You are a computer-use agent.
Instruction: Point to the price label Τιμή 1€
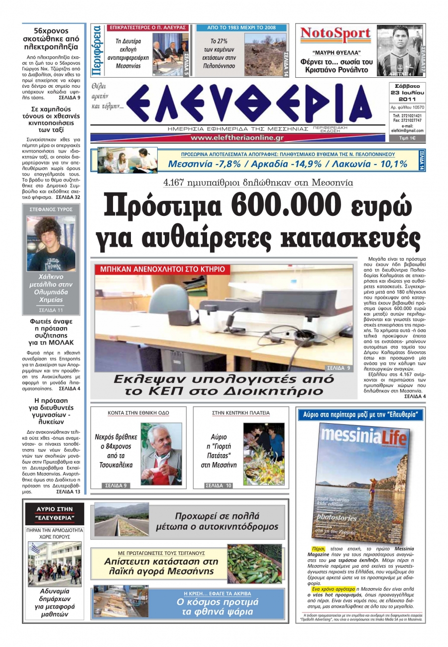pyautogui.click(x=407, y=138)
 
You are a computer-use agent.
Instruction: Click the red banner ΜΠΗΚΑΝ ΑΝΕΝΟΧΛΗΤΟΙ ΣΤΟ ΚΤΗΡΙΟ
pyautogui.click(x=162, y=269)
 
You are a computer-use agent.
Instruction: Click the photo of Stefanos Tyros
pyautogui.click(x=51, y=243)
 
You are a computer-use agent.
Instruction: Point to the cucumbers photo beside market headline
pyautogui.click(x=254, y=564)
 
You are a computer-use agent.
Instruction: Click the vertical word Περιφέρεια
pyautogui.click(x=98, y=50)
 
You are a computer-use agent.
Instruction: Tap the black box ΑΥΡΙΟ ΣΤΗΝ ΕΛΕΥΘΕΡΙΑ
pyautogui.click(x=55, y=513)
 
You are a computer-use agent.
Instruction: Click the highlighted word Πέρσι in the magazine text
pyautogui.click(x=314, y=549)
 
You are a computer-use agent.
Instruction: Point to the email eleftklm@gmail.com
pyautogui.click(x=407, y=130)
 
